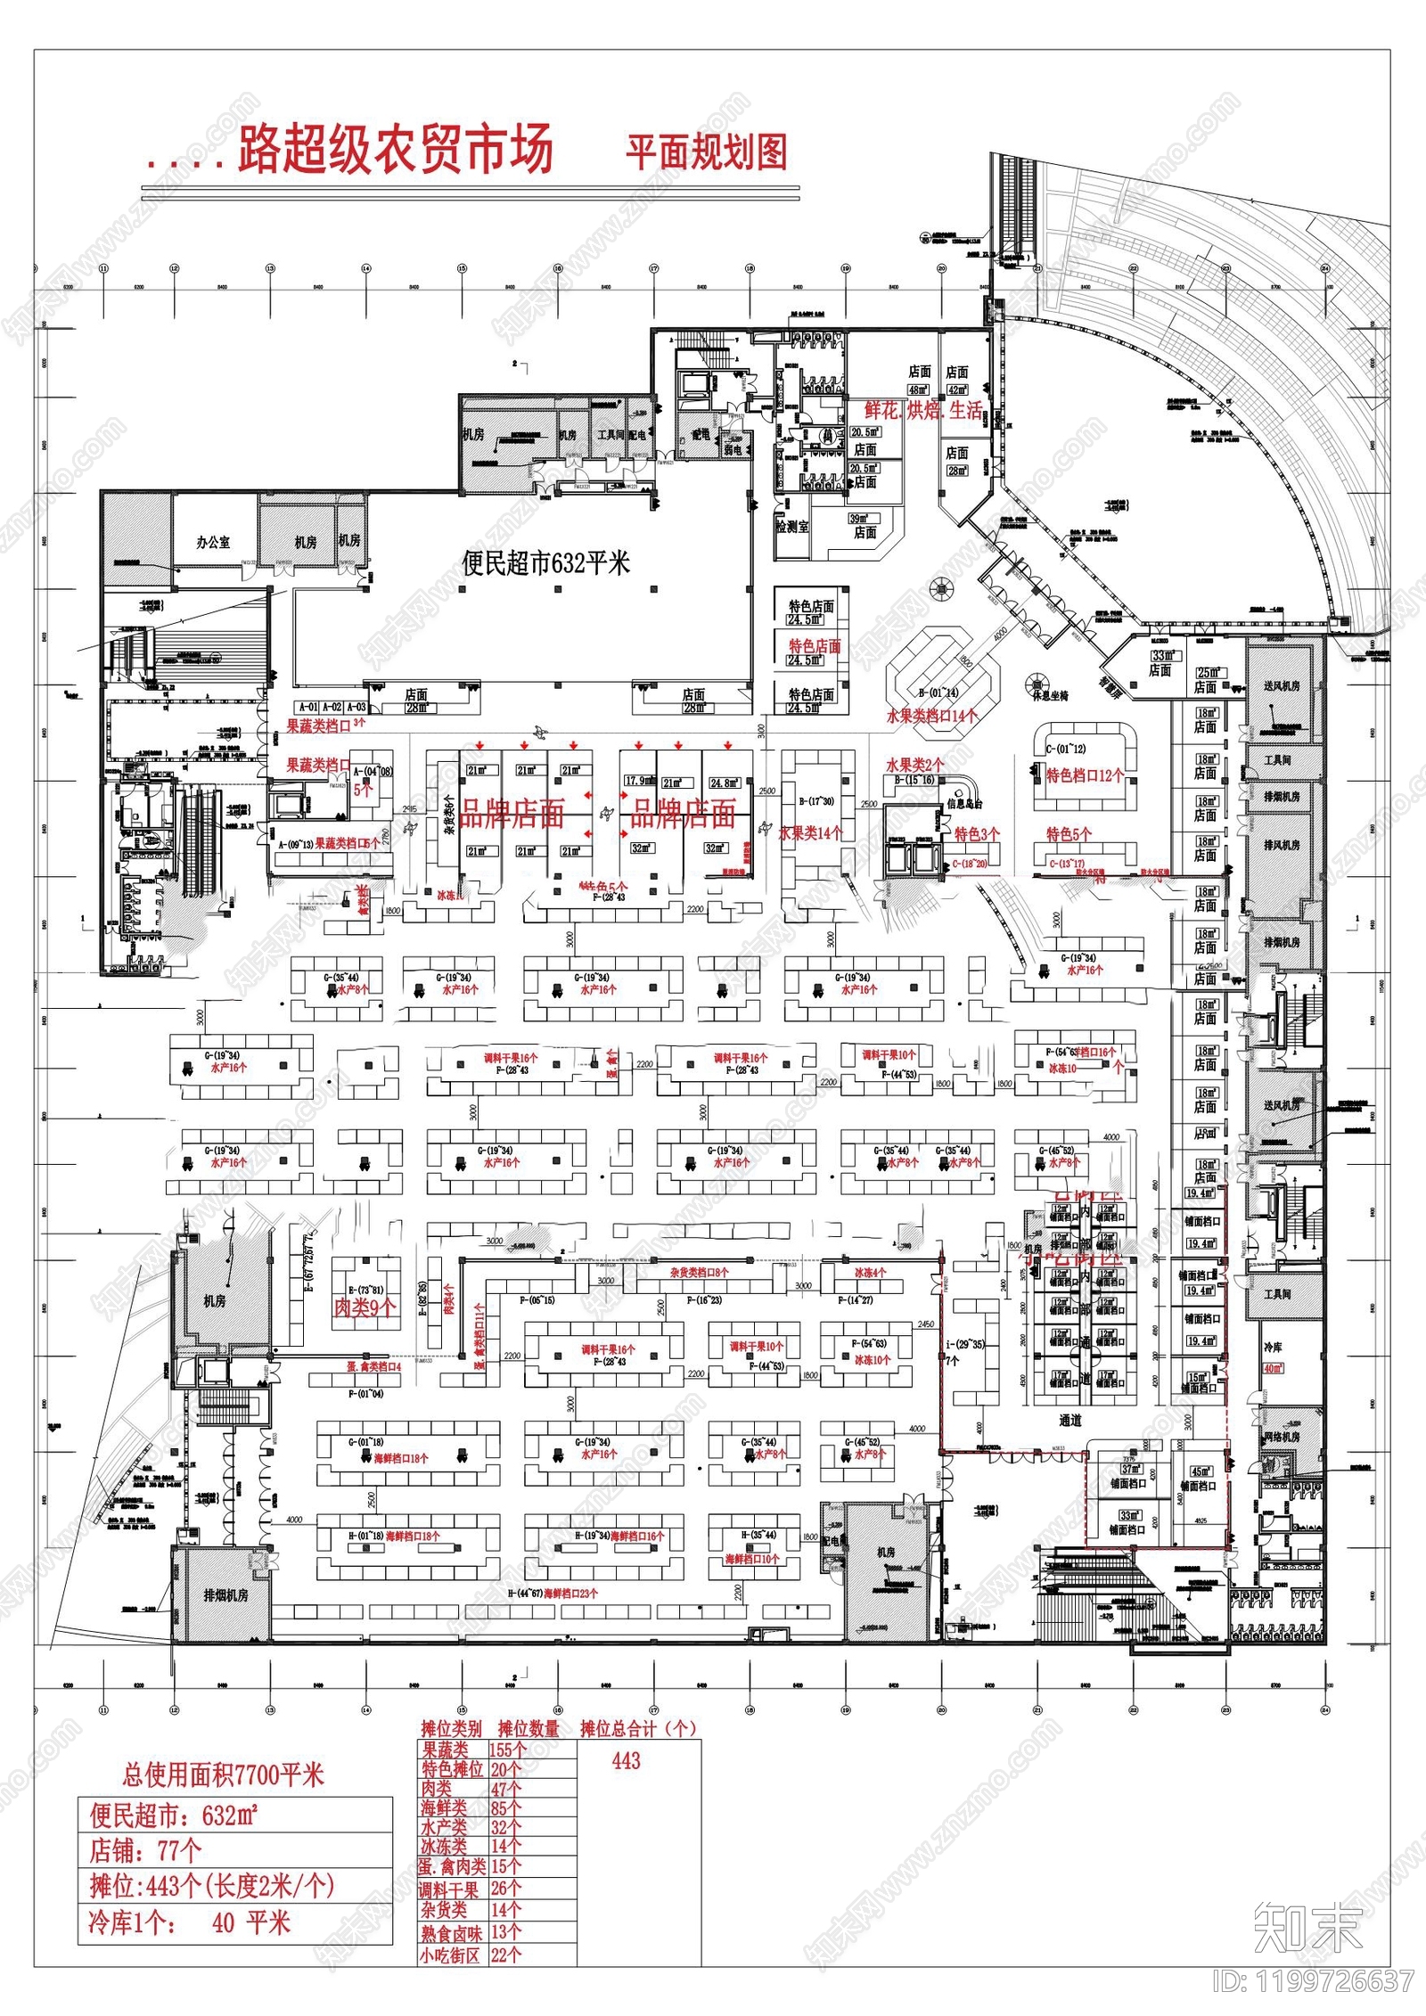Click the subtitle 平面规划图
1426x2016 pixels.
coord(706,152)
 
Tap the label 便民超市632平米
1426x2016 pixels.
coord(545,563)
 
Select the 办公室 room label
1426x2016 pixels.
coord(213,543)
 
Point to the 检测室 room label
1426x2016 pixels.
coord(791,527)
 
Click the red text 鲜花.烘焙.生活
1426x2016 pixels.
coord(923,411)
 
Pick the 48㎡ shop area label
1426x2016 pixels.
coord(918,389)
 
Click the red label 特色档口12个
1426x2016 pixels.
coord(1085,775)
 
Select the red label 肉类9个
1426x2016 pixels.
coord(365,1307)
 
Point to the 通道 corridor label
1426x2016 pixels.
coord(1069,1421)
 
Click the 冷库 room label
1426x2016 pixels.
coord(1273,1347)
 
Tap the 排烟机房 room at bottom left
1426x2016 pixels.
coord(225,1595)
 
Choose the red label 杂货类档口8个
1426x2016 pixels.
coord(699,1273)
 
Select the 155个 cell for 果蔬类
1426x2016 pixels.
coord(508,1750)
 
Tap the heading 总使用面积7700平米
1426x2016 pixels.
coord(223,1775)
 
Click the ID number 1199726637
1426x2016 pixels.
coord(1314,1981)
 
